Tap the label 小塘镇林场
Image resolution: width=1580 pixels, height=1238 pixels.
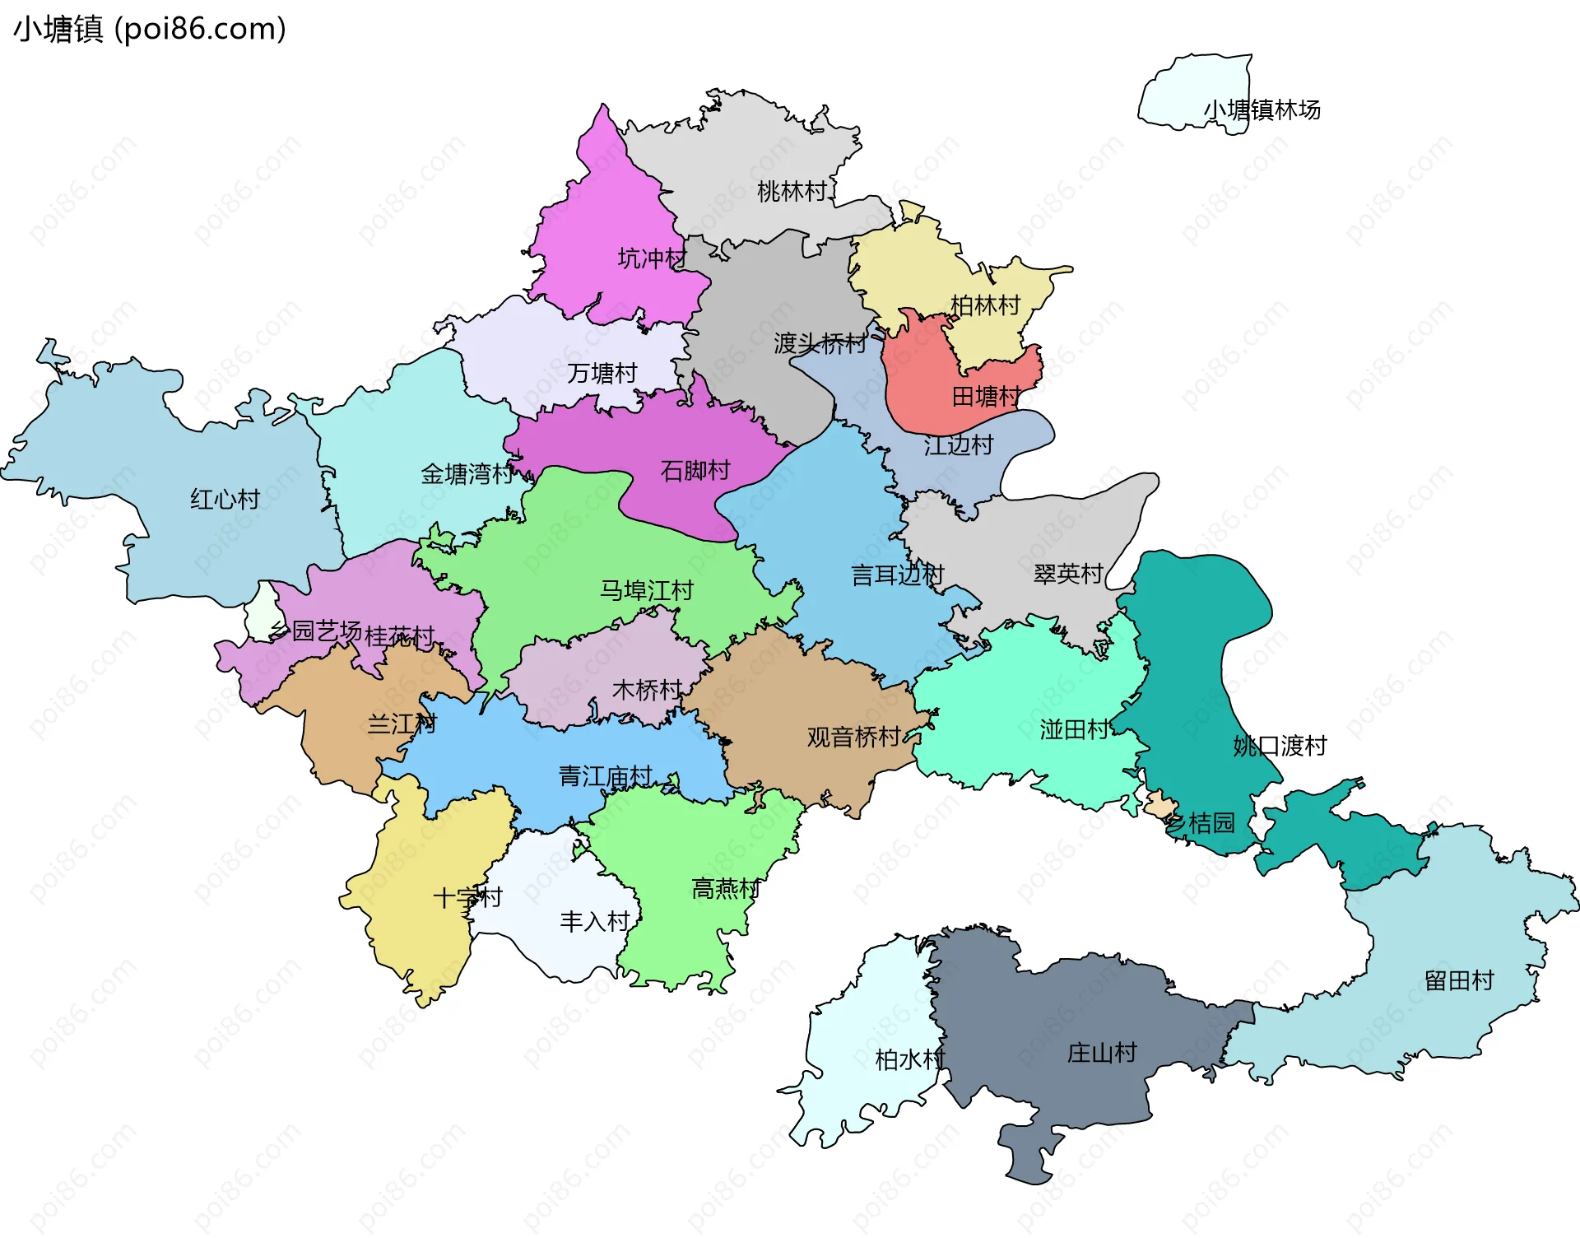pyautogui.click(x=1262, y=109)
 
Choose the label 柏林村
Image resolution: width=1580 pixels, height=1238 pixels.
pyautogui.click(x=985, y=305)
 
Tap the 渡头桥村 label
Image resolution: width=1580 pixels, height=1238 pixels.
pyautogui.click(x=820, y=343)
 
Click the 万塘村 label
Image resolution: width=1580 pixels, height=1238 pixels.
pyautogui.click(x=602, y=373)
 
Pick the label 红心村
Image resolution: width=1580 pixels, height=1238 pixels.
pyautogui.click(x=225, y=499)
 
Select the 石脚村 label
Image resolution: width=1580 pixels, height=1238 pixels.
pyautogui.click(x=695, y=471)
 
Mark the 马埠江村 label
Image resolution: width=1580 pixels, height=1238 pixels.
pyautogui.click(x=646, y=590)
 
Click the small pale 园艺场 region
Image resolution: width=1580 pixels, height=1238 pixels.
pyautogui.click(x=262, y=613)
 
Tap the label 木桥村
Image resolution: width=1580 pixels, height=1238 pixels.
pyautogui.click(x=647, y=689)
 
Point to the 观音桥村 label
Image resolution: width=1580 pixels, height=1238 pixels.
pyautogui.click(x=853, y=737)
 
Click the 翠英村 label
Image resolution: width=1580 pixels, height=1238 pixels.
pyautogui.click(x=1067, y=574)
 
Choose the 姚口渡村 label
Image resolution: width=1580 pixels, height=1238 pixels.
pyautogui.click(x=1280, y=746)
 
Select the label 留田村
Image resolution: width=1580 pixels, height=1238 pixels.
pyautogui.click(x=1459, y=980)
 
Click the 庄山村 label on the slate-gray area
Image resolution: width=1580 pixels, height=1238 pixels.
pyautogui.click(x=1101, y=1052)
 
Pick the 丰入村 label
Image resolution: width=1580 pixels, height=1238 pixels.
pyautogui.click(x=594, y=921)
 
